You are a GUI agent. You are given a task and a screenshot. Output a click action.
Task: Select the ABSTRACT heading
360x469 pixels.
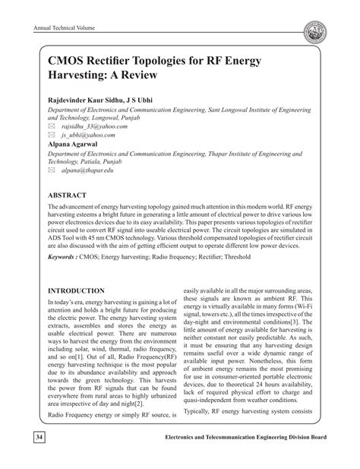click(x=71, y=195)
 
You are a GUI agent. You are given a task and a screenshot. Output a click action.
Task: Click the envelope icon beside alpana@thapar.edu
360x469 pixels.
click(x=54, y=173)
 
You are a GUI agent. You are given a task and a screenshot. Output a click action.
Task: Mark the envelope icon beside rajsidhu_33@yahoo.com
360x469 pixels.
click(x=54, y=127)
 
